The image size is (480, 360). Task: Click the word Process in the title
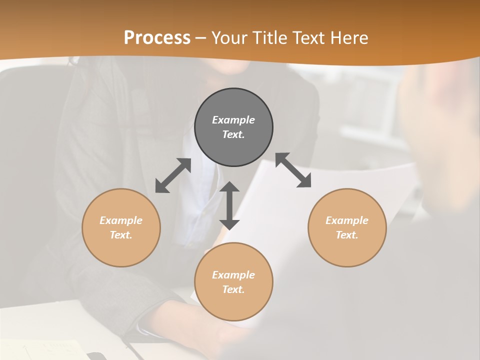(157, 37)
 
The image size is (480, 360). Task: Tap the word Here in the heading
(349, 37)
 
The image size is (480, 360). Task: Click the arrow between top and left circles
(173, 175)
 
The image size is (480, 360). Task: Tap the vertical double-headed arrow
(229, 205)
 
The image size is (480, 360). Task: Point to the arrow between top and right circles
(293, 170)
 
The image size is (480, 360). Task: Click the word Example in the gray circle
(233, 120)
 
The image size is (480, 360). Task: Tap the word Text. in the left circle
(121, 235)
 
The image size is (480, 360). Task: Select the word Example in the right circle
(347, 220)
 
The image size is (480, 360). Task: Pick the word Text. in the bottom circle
(233, 289)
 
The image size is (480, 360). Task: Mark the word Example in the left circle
(121, 220)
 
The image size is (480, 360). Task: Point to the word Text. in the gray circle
(233, 134)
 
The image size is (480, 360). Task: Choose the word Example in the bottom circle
(233, 275)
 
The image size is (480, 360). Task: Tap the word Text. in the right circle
(347, 235)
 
